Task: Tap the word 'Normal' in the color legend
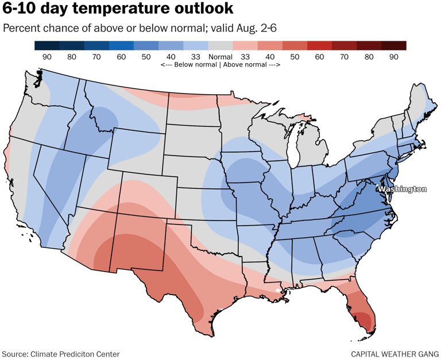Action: tap(220, 57)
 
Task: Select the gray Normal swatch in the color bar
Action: tap(220, 46)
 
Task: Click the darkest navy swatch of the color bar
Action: tap(47, 46)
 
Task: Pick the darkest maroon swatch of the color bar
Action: tap(394, 46)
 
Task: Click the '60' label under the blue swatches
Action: tap(121, 57)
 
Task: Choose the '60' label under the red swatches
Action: tap(319, 57)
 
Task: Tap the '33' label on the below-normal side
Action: tap(195, 57)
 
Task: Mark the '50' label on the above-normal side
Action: tap(295, 57)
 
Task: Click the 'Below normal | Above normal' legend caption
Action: tap(220, 65)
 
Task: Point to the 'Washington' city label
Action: tap(402, 189)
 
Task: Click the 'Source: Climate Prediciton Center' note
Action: tap(61, 354)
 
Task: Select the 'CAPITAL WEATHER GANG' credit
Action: tap(395, 354)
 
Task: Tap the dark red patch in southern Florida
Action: tap(366, 319)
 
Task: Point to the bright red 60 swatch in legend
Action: tap(319, 46)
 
